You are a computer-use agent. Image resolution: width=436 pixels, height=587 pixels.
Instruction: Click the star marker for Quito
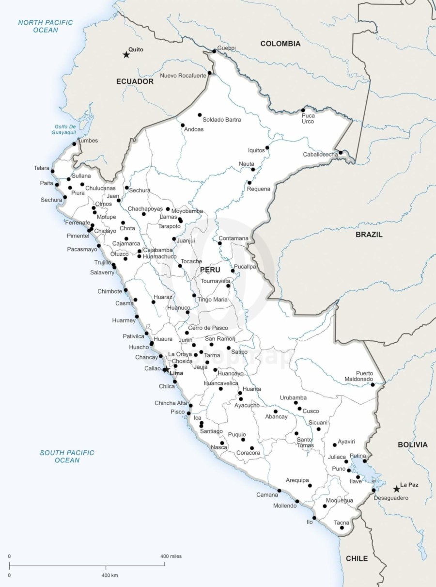[x=126, y=55]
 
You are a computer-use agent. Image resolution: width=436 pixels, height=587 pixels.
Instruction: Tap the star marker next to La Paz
[x=397, y=489]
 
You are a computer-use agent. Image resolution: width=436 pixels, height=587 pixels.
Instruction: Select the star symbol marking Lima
[x=165, y=370]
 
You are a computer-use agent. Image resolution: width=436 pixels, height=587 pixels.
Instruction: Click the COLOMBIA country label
[x=280, y=44]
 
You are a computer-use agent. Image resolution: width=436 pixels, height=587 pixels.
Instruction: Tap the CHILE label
[x=357, y=558]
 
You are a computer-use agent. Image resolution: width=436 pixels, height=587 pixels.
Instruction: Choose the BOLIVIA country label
[x=412, y=444]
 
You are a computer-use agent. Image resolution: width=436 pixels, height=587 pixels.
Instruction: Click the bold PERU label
[x=210, y=270]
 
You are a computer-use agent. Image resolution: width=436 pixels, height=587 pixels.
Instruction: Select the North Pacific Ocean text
[x=46, y=26]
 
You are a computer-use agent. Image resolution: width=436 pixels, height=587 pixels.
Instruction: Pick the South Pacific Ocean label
[x=67, y=456]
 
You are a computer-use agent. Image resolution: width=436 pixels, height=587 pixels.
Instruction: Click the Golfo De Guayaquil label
[x=64, y=129]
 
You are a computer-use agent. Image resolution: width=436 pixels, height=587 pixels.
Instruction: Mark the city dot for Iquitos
[x=267, y=148]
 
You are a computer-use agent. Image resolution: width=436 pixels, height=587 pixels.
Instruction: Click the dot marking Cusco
[x=299, y=409]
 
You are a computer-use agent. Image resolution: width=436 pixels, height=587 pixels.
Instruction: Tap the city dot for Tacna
[x=342, y=527]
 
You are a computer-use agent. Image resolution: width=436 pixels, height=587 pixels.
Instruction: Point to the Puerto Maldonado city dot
[x=373, y=384]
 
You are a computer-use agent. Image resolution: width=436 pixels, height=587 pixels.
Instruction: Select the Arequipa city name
[x=297, y=480]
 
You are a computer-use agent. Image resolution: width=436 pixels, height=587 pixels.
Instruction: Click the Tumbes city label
[x=88, y=141]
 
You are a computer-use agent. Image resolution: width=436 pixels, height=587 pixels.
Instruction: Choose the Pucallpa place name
[x=245, y=267]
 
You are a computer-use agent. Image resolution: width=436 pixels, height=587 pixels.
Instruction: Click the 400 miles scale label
[x=171, y=556]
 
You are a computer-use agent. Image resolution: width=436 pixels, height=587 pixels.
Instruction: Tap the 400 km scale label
[x=109, y=575]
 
